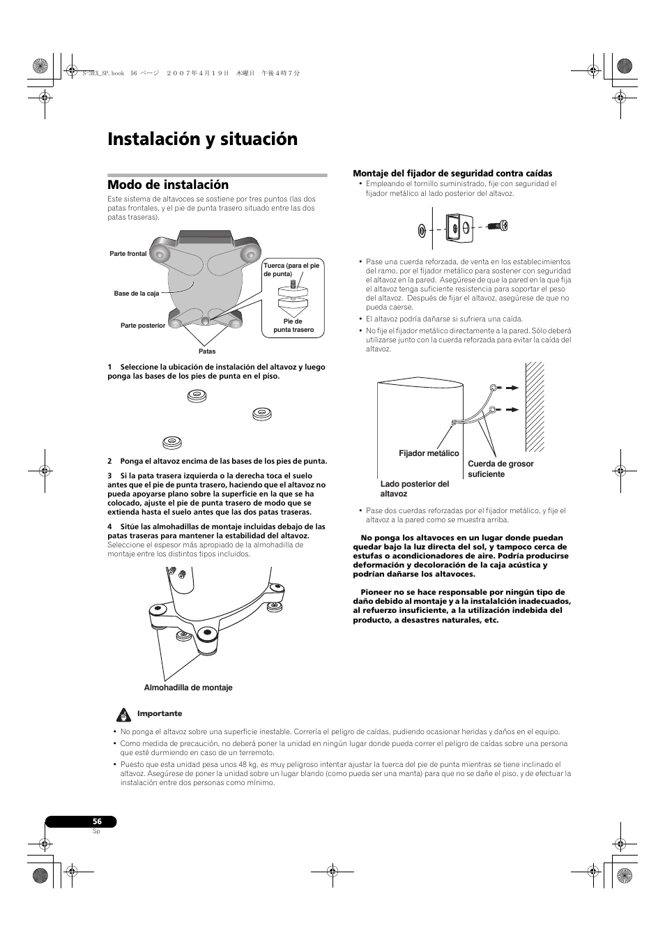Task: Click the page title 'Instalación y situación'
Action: pos(202,139)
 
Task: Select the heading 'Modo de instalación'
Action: pos(168,185)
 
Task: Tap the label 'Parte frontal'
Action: pos(128,254)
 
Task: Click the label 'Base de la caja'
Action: pos(137,294)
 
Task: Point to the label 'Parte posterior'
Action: pos(143,326)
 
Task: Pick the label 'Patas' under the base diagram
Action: pos(207,351)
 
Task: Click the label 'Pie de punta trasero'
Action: pos(293,326)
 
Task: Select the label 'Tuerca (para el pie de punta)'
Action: pos(291,270)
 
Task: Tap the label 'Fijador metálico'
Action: pos(429,453)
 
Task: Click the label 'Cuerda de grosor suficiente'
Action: pos(500,469)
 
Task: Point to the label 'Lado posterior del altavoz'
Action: pos(414,489)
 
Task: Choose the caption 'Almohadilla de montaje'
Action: pos(188,687)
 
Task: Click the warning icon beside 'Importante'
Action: pos(124,715)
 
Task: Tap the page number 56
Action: pos(97,821)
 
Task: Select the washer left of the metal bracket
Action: pos(422,229)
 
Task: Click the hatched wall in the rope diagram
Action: pos(535,406)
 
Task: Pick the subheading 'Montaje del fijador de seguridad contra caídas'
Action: pos(452,174)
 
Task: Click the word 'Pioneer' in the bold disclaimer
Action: pos(376,592)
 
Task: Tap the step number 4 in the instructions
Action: pos(109,526)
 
